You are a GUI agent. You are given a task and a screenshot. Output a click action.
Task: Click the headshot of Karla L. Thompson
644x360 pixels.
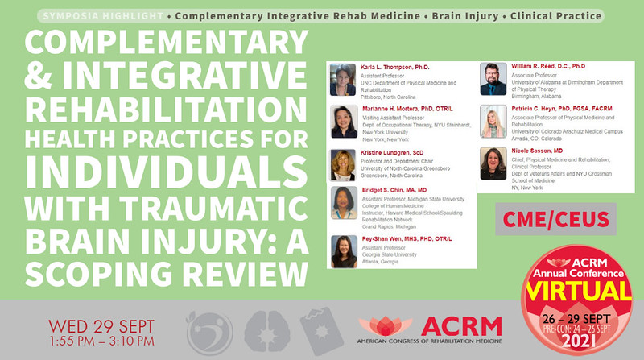tap(343, 79)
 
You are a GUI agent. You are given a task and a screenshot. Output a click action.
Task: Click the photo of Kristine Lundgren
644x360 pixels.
tap(343, 164)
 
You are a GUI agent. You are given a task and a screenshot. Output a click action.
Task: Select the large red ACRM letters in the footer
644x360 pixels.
tap(466, 325)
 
